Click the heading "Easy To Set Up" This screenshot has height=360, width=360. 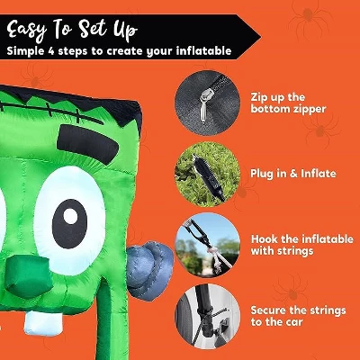72,31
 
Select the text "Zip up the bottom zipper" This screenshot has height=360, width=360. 288,103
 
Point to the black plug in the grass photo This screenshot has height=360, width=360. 208,176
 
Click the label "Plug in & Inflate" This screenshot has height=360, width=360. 293,174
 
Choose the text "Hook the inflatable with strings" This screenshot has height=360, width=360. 302,245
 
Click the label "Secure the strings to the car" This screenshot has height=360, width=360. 298,316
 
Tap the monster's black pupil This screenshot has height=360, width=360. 69,224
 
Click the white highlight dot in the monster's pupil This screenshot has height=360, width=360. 70,216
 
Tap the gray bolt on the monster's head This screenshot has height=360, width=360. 149,270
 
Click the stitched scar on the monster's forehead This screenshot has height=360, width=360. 51,111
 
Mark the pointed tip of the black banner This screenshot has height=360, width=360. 260,37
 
